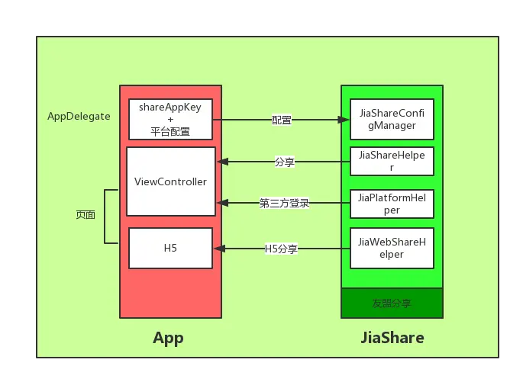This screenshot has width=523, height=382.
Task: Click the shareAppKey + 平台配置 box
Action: [x=170, y=119]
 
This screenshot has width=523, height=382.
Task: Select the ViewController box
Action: [x=170, y=181]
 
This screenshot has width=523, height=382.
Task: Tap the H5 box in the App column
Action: [x=170, y=248]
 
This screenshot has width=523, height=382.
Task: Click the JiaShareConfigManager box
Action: [x=392, y=119]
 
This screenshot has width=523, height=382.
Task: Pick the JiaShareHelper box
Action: [x=392, y=161]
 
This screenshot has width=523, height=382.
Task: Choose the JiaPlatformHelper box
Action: [x=392, y=203]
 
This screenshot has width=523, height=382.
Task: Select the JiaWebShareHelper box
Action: [x=392, y=248]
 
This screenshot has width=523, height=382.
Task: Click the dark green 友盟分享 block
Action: [x=392, y=303]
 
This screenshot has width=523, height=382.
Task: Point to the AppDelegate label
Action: [x=79, y=117]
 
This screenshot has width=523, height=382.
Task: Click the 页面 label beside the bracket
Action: [x=86, y=216]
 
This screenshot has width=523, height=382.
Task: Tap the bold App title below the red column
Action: [x=168, y=338]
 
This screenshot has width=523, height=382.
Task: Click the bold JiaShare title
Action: [x=392, y=338]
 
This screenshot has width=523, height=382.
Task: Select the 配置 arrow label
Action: [x=281, y=120]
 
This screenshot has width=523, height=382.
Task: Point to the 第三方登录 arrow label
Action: [x=284, y=203]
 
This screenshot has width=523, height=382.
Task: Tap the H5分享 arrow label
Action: [x=281, y=249]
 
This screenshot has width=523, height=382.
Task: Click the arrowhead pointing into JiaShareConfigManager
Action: [x=343, y=120]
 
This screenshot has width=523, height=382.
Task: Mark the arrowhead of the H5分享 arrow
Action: [x=221, y=249]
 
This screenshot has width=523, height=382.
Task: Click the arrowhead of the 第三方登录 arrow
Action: [x=221, y=203]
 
